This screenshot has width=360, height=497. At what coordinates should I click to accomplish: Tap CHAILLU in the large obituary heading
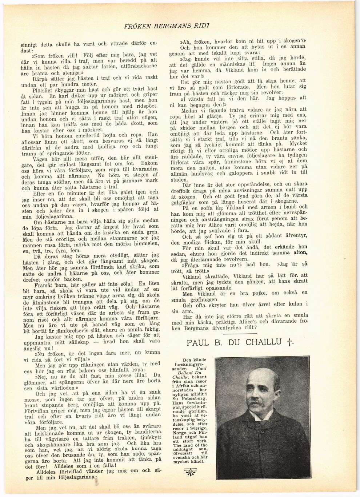tap(263, 342)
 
